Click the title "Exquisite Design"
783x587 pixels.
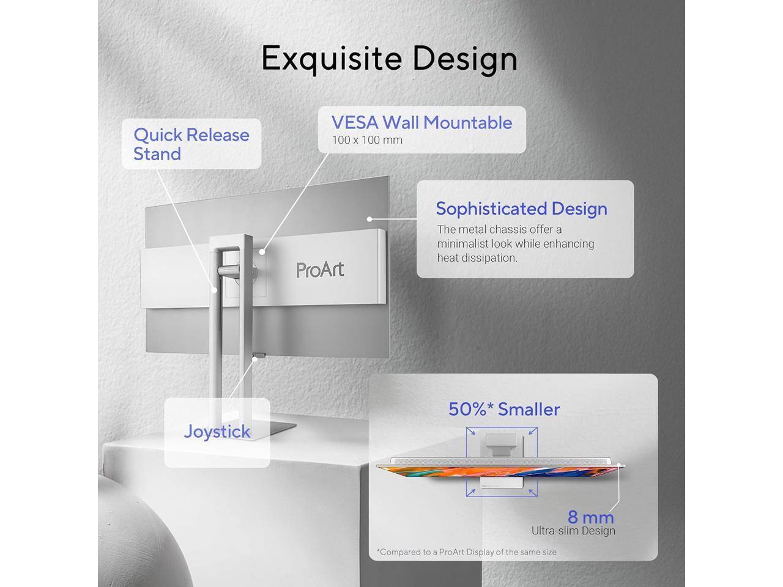click(389, 59)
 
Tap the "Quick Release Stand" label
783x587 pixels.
click(191, 144)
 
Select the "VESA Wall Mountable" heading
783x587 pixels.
click(421, 122)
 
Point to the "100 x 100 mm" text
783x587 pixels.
click(367, 140)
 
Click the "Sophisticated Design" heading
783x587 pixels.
click(521, 209)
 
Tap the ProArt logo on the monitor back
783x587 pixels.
click(320, 270)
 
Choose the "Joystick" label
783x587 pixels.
click(217, 431)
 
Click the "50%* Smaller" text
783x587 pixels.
click(504, 409)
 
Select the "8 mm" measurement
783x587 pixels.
click(590, 517)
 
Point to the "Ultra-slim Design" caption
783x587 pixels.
click(573, 531)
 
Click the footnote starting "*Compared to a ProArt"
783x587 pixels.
click(467, 552)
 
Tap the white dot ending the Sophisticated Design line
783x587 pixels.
click(370, 218)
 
